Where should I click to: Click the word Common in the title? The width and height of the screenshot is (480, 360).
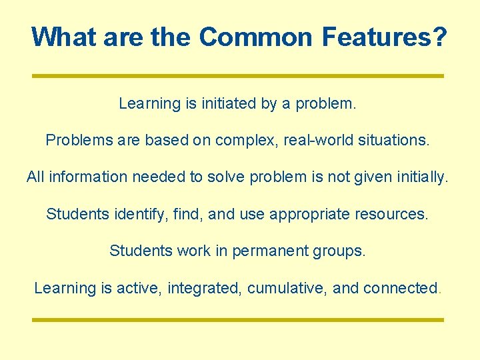coord(256,37)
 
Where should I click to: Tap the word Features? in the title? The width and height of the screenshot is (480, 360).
coord(384,37)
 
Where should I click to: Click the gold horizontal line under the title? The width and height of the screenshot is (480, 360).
coord(238,76)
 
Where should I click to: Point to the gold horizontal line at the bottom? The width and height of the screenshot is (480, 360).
coord(238,320)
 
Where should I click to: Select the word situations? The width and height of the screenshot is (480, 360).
coord(393,141)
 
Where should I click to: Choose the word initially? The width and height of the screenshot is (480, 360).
coord(419,177)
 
